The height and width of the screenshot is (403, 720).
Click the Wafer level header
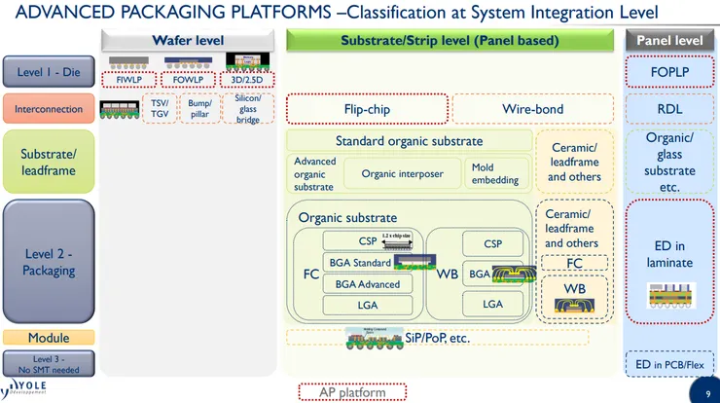point(189,41)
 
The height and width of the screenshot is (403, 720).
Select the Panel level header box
point(669,41)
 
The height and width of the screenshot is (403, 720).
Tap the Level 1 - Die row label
point(48,71)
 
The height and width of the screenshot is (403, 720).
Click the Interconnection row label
point(48,109)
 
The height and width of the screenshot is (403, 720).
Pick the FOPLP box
point(669,72)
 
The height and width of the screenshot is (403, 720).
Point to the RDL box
point(669,109)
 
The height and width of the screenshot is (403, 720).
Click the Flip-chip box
point(367,109)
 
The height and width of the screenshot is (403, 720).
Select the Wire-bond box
point(532,109)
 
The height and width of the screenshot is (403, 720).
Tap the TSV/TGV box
point(160,109)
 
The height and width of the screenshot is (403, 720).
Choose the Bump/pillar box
point(200,109)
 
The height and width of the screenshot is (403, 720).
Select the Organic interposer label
point(402,174)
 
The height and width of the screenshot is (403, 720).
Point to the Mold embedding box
point(495,174)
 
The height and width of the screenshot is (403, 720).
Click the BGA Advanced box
point(367,283)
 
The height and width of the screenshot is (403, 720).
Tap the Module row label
point(48,338)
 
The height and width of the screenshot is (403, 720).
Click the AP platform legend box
point(351,392)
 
